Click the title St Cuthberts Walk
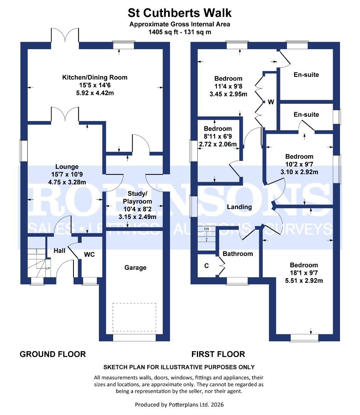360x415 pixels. pyautogui.click(x=180, y=13)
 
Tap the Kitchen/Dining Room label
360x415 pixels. pyautogui.click(x=95, y=78)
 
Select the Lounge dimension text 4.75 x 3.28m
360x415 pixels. pyautogui.click(x=67, y=182)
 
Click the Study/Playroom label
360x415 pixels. pyautogui.click(x=137, y=197)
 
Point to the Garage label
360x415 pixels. pyautogui.click(x=135, y=267)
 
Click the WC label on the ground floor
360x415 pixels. pyautogui.click(x=89, y=254)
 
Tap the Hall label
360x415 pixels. pyautogui.click(x=59, y=251)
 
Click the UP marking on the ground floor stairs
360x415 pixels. pyautogui.click(x=48, y=268)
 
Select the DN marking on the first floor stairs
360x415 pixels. pyautogui.click(x=206, y=229)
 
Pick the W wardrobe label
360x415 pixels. pyautogui.click(x=271, y=102)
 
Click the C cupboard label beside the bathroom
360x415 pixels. pyautogui.click(x=207, y=265)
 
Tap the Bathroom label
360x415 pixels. pyautogui.click(x=238, y=254)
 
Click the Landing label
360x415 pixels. pyautogui.click(x=239, y=207)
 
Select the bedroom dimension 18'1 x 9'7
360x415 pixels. pyautogui.click(x=304, y=273)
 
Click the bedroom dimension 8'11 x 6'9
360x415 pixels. pyautogui.click(x=218, y=136)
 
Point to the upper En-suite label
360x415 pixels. pyautogui.click(x=306, y=75)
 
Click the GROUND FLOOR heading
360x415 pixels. pyautogui.click(x=53, y=354)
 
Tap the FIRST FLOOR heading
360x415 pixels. pyautogui.click(x=218, y=354)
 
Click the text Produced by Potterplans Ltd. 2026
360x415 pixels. pyautogui.click(x=179, y=405)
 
